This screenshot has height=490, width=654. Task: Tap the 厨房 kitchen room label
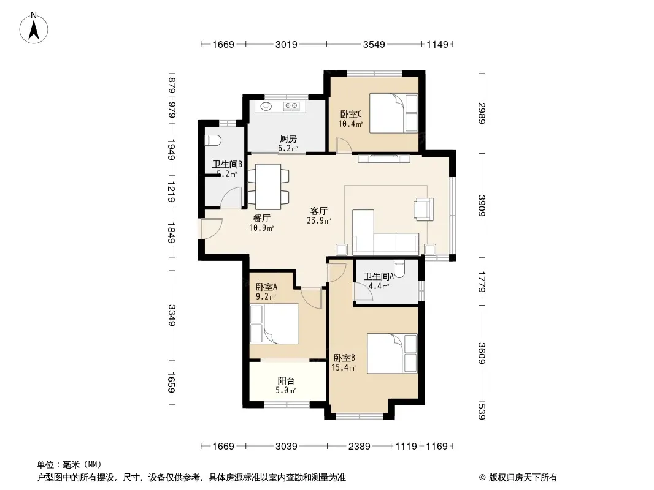pos(288,138)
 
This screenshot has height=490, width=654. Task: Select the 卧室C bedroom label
pos(351,114)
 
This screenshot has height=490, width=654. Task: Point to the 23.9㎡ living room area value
pos(319,221)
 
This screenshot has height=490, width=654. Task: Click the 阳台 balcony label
pos(286,380)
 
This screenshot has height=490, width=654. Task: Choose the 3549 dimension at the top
pos(374,44)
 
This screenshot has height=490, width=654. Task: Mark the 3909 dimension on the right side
pos(482,206)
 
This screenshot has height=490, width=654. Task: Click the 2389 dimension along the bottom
pos(359,447)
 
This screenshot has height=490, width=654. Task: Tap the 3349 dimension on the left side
pos(171,315)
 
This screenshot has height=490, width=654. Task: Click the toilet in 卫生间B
pos(212,140)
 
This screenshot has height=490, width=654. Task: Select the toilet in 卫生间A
pos(399,269)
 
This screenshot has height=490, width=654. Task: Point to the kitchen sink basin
pos(266,106)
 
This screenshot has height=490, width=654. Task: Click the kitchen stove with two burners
pos(291,106)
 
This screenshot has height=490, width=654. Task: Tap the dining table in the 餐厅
pos(268,187)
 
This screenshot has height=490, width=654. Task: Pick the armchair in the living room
pos(423,209)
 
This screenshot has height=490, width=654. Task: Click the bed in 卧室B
pos(392,353)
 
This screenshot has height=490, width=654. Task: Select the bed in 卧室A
pos(274,324)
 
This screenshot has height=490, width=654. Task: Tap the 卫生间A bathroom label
pos(379,276)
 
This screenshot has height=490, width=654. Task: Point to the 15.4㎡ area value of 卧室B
pos(344,367)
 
